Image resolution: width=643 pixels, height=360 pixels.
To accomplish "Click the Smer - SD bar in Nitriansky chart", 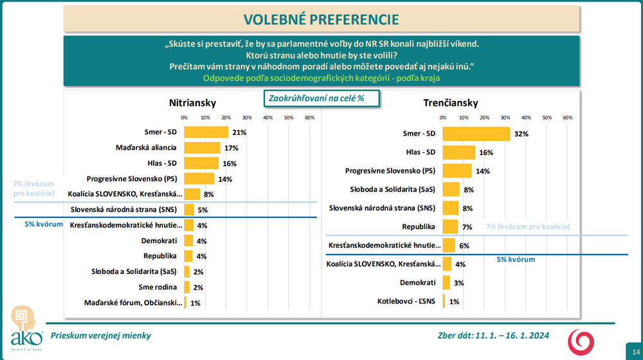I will coord(206,132).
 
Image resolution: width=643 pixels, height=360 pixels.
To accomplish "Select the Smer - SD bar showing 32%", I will coord(476,133).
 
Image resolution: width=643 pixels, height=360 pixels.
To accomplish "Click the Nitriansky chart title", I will coord(192,103).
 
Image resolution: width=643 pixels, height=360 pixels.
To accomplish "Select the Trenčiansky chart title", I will coord(450,103).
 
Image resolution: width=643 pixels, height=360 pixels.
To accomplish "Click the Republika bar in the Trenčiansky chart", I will coord(450,226).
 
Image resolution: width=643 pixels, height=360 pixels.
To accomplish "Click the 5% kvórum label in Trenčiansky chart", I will coord(516,260).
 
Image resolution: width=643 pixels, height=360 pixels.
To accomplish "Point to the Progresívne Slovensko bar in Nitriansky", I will coord(199,179).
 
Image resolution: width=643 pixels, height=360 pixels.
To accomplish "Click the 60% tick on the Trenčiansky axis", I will coord(568,118).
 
